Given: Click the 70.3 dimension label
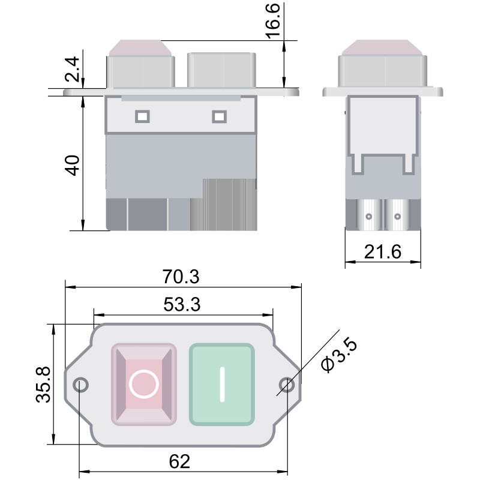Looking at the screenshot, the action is tap(181, 277).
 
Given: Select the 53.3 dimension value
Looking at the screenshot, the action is tap(182, 304).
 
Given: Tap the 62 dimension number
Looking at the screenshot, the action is tap(179, 461).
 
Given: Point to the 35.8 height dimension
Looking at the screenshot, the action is tap(43, 385).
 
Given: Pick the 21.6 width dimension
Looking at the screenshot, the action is tap(383, 252).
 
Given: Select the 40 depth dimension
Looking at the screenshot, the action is tap(73, 166).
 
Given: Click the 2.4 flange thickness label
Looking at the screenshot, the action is tap(73, 69).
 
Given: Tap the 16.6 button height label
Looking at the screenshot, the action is tap(273, 21).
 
